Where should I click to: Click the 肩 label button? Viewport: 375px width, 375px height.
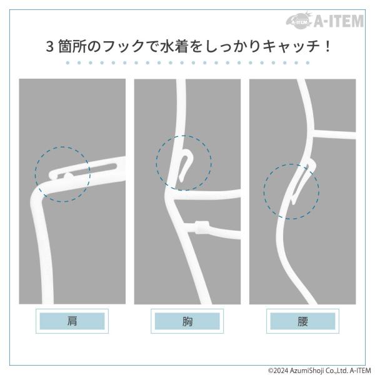[72, 321]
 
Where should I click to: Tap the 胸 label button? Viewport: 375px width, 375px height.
[187, 321]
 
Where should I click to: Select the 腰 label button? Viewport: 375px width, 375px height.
[302, 321]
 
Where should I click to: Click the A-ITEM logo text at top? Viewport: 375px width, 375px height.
[339, 21]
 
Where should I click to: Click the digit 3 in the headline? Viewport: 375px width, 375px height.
[49, 46]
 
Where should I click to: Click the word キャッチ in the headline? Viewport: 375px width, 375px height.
[291, 46]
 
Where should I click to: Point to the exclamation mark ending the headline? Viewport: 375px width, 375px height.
[327, 46]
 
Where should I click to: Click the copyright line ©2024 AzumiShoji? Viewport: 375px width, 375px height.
[319, 371]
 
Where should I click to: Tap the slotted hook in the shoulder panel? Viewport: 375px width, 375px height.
[84, 169]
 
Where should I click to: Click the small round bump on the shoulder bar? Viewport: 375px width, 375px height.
[68, 177]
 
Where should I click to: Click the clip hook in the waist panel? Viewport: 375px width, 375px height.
[303, 182]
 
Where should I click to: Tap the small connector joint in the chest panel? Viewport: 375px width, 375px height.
[202, 227]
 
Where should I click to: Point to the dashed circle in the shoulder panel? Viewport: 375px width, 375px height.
[35, 174]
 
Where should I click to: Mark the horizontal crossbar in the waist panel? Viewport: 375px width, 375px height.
[334, 134]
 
